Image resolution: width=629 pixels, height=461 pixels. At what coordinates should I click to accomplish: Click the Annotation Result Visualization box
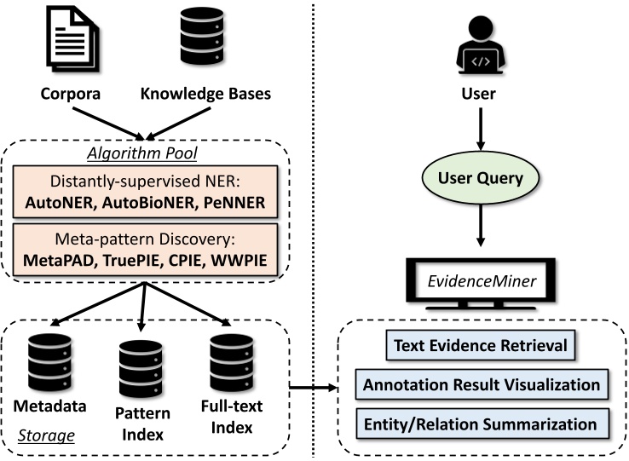(482, 384)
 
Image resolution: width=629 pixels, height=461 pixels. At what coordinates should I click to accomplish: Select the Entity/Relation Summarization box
(482, 424)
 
